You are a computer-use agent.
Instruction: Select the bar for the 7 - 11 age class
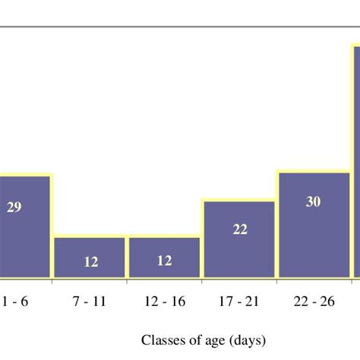(90, 257)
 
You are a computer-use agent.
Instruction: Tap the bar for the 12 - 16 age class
(164, 257)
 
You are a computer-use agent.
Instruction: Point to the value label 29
(14, 207)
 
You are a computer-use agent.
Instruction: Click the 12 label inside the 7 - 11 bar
(90, 262)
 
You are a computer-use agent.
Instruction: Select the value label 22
(240, 229)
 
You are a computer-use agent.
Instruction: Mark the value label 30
(314, 202)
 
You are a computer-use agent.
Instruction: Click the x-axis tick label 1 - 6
(15, 302)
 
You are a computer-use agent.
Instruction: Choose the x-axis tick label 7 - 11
(90, 302)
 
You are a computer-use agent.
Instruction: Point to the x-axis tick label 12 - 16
(164, 302)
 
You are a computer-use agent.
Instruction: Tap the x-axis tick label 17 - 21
(239, 302)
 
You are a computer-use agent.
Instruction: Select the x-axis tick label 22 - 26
(314, 302)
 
